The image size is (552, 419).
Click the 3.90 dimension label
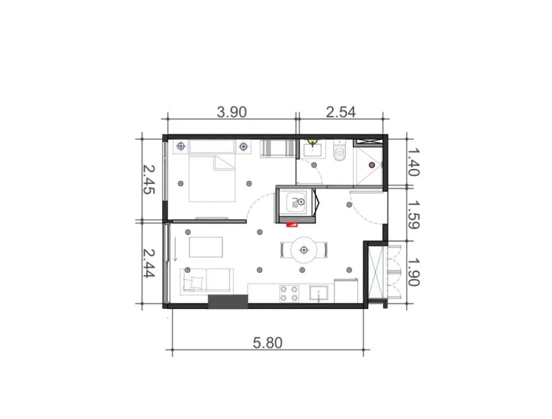(231, 112)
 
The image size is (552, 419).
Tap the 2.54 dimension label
(341, 112)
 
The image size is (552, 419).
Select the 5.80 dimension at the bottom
(268, 343)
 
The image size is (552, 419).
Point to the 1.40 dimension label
(413, 162)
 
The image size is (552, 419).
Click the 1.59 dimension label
(413, 215)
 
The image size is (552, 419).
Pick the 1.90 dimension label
(413, 272)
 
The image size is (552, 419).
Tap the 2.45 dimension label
(149, 180)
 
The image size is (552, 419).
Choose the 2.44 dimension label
(149, 263)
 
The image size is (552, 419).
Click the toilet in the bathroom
(339, 151)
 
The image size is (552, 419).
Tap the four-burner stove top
(290, 294)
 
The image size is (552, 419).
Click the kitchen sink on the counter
(318, 294)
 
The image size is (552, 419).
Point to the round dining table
(304, 250)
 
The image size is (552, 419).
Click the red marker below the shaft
(292, 224)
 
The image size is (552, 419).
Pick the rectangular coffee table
(206, 247)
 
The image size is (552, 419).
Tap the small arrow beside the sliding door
(175, 249)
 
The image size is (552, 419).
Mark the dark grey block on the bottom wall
(228, 302)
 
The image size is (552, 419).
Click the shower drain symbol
(372, 165)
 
